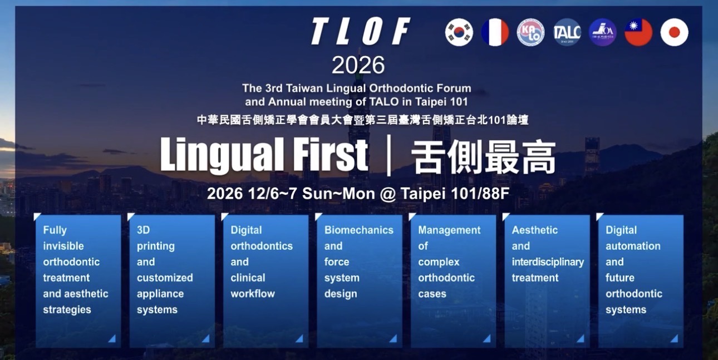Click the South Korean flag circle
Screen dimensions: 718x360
(459, 32)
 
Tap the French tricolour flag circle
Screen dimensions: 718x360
(495, 32)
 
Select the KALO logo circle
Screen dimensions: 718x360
(531, 32)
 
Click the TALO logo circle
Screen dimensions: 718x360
(567, 32)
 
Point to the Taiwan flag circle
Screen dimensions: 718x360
(638, 32)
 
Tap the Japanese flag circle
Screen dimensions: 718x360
(675, 32)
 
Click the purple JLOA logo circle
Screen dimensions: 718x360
(603, 32)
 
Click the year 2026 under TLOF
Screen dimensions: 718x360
(358, 65)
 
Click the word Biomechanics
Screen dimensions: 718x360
(358, 230)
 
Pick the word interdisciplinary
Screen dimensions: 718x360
(548, 262)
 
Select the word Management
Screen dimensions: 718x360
(449, 230)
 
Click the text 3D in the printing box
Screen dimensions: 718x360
(143, 230)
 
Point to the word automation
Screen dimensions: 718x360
(633, 246)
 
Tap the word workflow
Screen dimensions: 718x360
(253, 294)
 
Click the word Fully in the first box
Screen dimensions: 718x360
(55, 230)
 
